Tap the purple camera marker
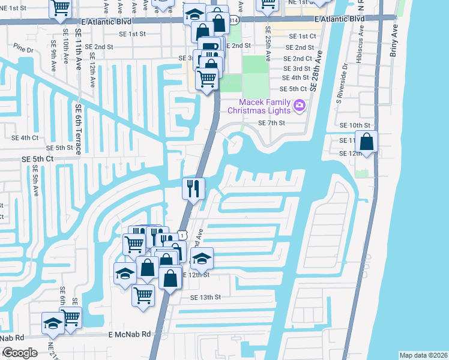coord(300,106)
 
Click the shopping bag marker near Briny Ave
coord(366,143)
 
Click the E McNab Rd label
coord(130,334)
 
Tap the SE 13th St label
coord(206,297)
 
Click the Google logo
coord(20,352)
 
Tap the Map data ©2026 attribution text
coord(423,355)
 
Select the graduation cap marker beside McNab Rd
coord(53,323)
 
